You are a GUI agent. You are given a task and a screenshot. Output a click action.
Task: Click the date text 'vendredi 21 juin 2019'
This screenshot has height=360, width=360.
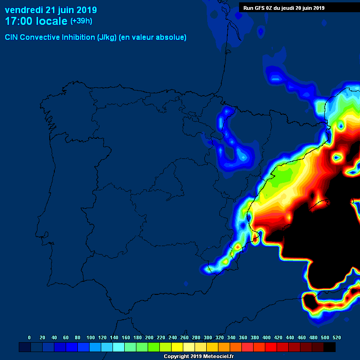tap(51, 10)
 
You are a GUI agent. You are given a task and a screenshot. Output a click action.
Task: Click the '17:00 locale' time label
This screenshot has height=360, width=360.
tap(36, 21)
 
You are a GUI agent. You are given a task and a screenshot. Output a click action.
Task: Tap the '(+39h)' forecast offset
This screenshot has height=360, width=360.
tap(81, 21)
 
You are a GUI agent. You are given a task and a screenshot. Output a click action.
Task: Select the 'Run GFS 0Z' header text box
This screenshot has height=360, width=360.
tap(284, 7)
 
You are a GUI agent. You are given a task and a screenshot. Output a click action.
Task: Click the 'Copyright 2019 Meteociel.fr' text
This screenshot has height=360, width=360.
tap(199, 357)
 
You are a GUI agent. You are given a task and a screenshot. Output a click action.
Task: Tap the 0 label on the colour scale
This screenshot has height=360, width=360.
tap(30, 337)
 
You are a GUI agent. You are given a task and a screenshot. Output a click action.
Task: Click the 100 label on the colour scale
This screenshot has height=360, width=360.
tap(90, 337)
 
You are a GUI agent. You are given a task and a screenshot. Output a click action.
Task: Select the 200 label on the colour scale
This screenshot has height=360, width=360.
tap(149, 337)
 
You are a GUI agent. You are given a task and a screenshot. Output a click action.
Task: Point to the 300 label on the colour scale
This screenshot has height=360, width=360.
tap(208, 337)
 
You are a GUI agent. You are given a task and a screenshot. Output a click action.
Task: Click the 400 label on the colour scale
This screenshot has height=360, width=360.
tap(266, 337)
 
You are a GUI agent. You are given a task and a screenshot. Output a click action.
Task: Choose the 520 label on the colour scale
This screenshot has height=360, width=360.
tap(337, 337)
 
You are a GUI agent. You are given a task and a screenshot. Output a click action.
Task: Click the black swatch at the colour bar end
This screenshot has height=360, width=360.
tap(330, 347)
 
